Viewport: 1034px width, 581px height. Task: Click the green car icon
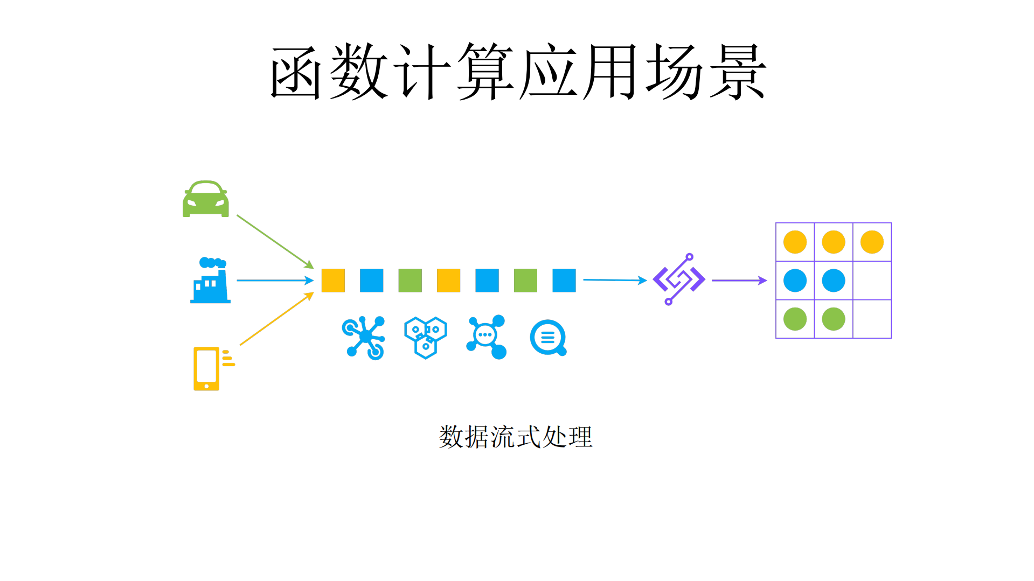pos(205,199)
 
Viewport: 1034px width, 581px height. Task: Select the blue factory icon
pos(210,281)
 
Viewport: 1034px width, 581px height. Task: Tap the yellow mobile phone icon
pos(207,368)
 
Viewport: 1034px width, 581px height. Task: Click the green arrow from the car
pos(274,241)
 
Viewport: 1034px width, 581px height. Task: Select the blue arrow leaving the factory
pos(274,281)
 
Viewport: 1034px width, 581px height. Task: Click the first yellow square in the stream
pos(333,281)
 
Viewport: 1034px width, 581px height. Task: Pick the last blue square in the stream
pos(564,281)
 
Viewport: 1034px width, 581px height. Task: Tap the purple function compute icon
pos(679,279)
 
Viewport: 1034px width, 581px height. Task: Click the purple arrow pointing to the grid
pos(739,281)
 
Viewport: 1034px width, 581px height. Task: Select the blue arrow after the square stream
pos(614,280)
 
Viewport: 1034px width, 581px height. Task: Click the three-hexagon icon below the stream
pos(426,338)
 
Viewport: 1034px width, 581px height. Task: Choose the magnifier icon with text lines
pos(548,338)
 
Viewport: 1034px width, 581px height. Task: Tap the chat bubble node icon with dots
pos(487,337)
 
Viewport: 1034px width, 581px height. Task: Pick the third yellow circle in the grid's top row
pos(872,242)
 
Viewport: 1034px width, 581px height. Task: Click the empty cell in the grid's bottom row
pos(872,319)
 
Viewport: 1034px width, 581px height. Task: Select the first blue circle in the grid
pos(795,281)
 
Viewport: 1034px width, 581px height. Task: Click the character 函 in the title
pos(296,72)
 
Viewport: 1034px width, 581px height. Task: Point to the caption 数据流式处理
pos(516,437)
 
